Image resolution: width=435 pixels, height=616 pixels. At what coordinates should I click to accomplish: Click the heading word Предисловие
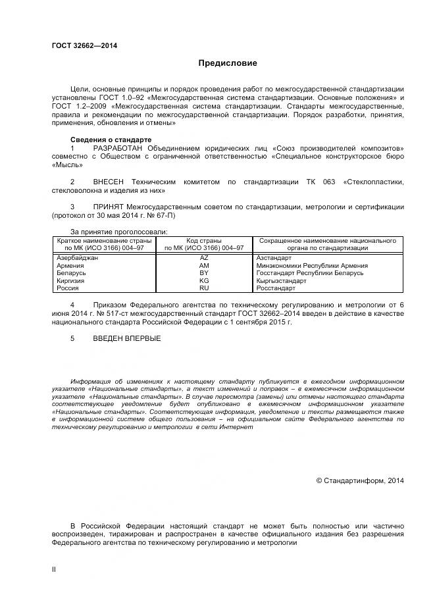click(228, 63)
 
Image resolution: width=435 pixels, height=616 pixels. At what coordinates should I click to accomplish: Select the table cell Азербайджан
click(78, 258)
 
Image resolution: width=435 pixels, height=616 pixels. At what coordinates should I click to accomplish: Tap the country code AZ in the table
click(204, 258)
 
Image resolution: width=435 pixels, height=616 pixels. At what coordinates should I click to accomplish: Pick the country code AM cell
click(204, 265)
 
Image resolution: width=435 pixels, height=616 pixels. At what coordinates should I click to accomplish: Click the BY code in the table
click(204, 273)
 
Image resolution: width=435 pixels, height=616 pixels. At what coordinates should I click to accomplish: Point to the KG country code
click(204, 280)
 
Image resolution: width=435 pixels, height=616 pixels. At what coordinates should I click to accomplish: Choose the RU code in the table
click(204, 288)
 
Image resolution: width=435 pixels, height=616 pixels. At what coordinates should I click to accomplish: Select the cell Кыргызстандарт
click(280, 280)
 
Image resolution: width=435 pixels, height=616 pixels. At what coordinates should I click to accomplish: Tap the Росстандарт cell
click(276, 288)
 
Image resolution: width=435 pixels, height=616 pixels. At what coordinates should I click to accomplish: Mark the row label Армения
click(71, 265)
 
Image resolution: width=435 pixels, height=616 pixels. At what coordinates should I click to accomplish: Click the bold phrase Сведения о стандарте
click(111, 140)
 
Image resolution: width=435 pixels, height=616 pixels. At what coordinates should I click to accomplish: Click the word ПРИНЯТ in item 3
click(110, 207)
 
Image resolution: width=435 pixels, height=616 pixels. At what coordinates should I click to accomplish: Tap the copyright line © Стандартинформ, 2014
click(360, 480)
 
